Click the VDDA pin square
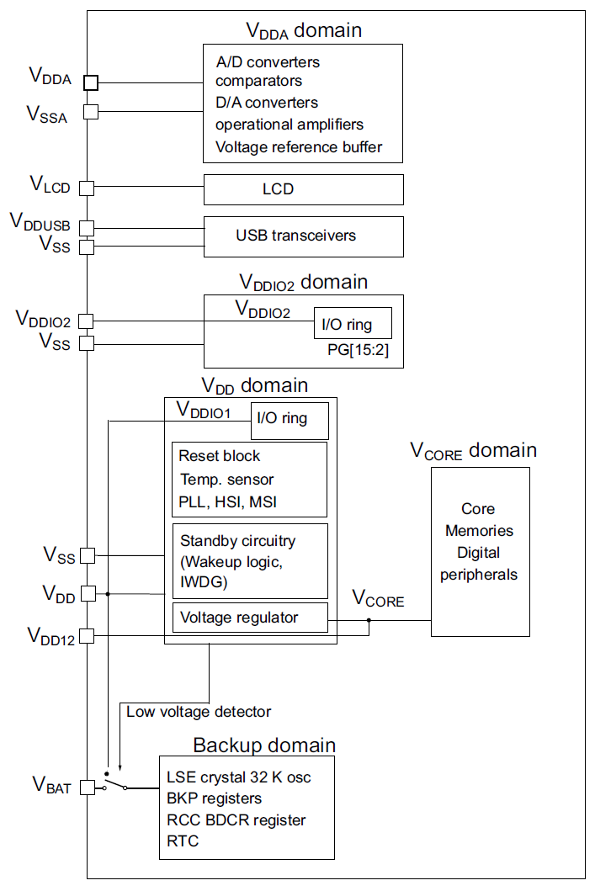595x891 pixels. (91, 82)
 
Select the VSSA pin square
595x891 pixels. (91, 111)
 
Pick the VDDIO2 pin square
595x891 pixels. (87, 321)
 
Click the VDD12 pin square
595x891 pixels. (87, 636)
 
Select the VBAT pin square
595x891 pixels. (87, 788)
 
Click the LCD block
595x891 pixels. (303, 189)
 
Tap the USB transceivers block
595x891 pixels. (303, 236)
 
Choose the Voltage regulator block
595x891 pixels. (249, 618)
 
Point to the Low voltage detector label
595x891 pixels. (199, 712)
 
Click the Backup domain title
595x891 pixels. (264, 745)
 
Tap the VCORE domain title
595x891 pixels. (473, 451)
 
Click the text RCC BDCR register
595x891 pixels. (236, 819)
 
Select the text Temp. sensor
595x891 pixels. (226, 480)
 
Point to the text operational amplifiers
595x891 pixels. (290, 125)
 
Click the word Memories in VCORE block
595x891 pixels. (479, 531)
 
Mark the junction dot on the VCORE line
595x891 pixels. (369, 622)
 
